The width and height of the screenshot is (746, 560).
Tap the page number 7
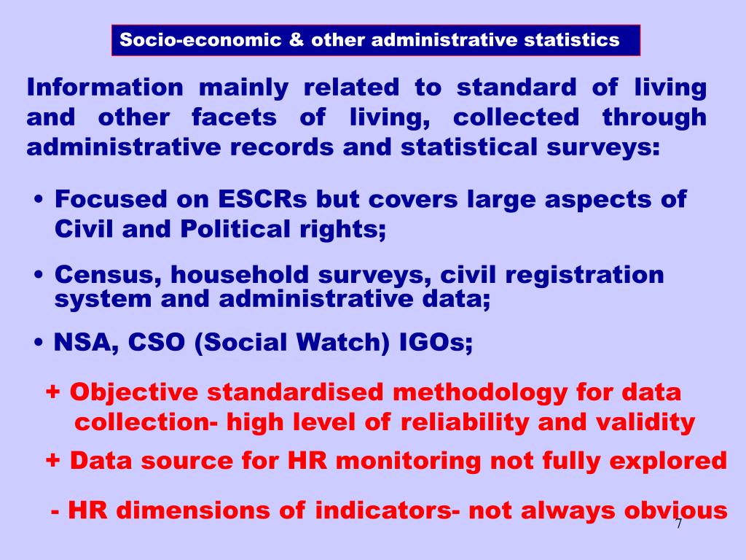coord(678,524)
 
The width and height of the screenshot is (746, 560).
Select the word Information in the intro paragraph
coord(105,88)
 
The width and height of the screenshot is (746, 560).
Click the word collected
coord(516,117)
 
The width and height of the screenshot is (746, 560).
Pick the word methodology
coord(479,392)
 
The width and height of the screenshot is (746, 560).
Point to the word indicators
coord(382,510)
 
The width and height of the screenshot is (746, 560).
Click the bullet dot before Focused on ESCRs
coord(41,201)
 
